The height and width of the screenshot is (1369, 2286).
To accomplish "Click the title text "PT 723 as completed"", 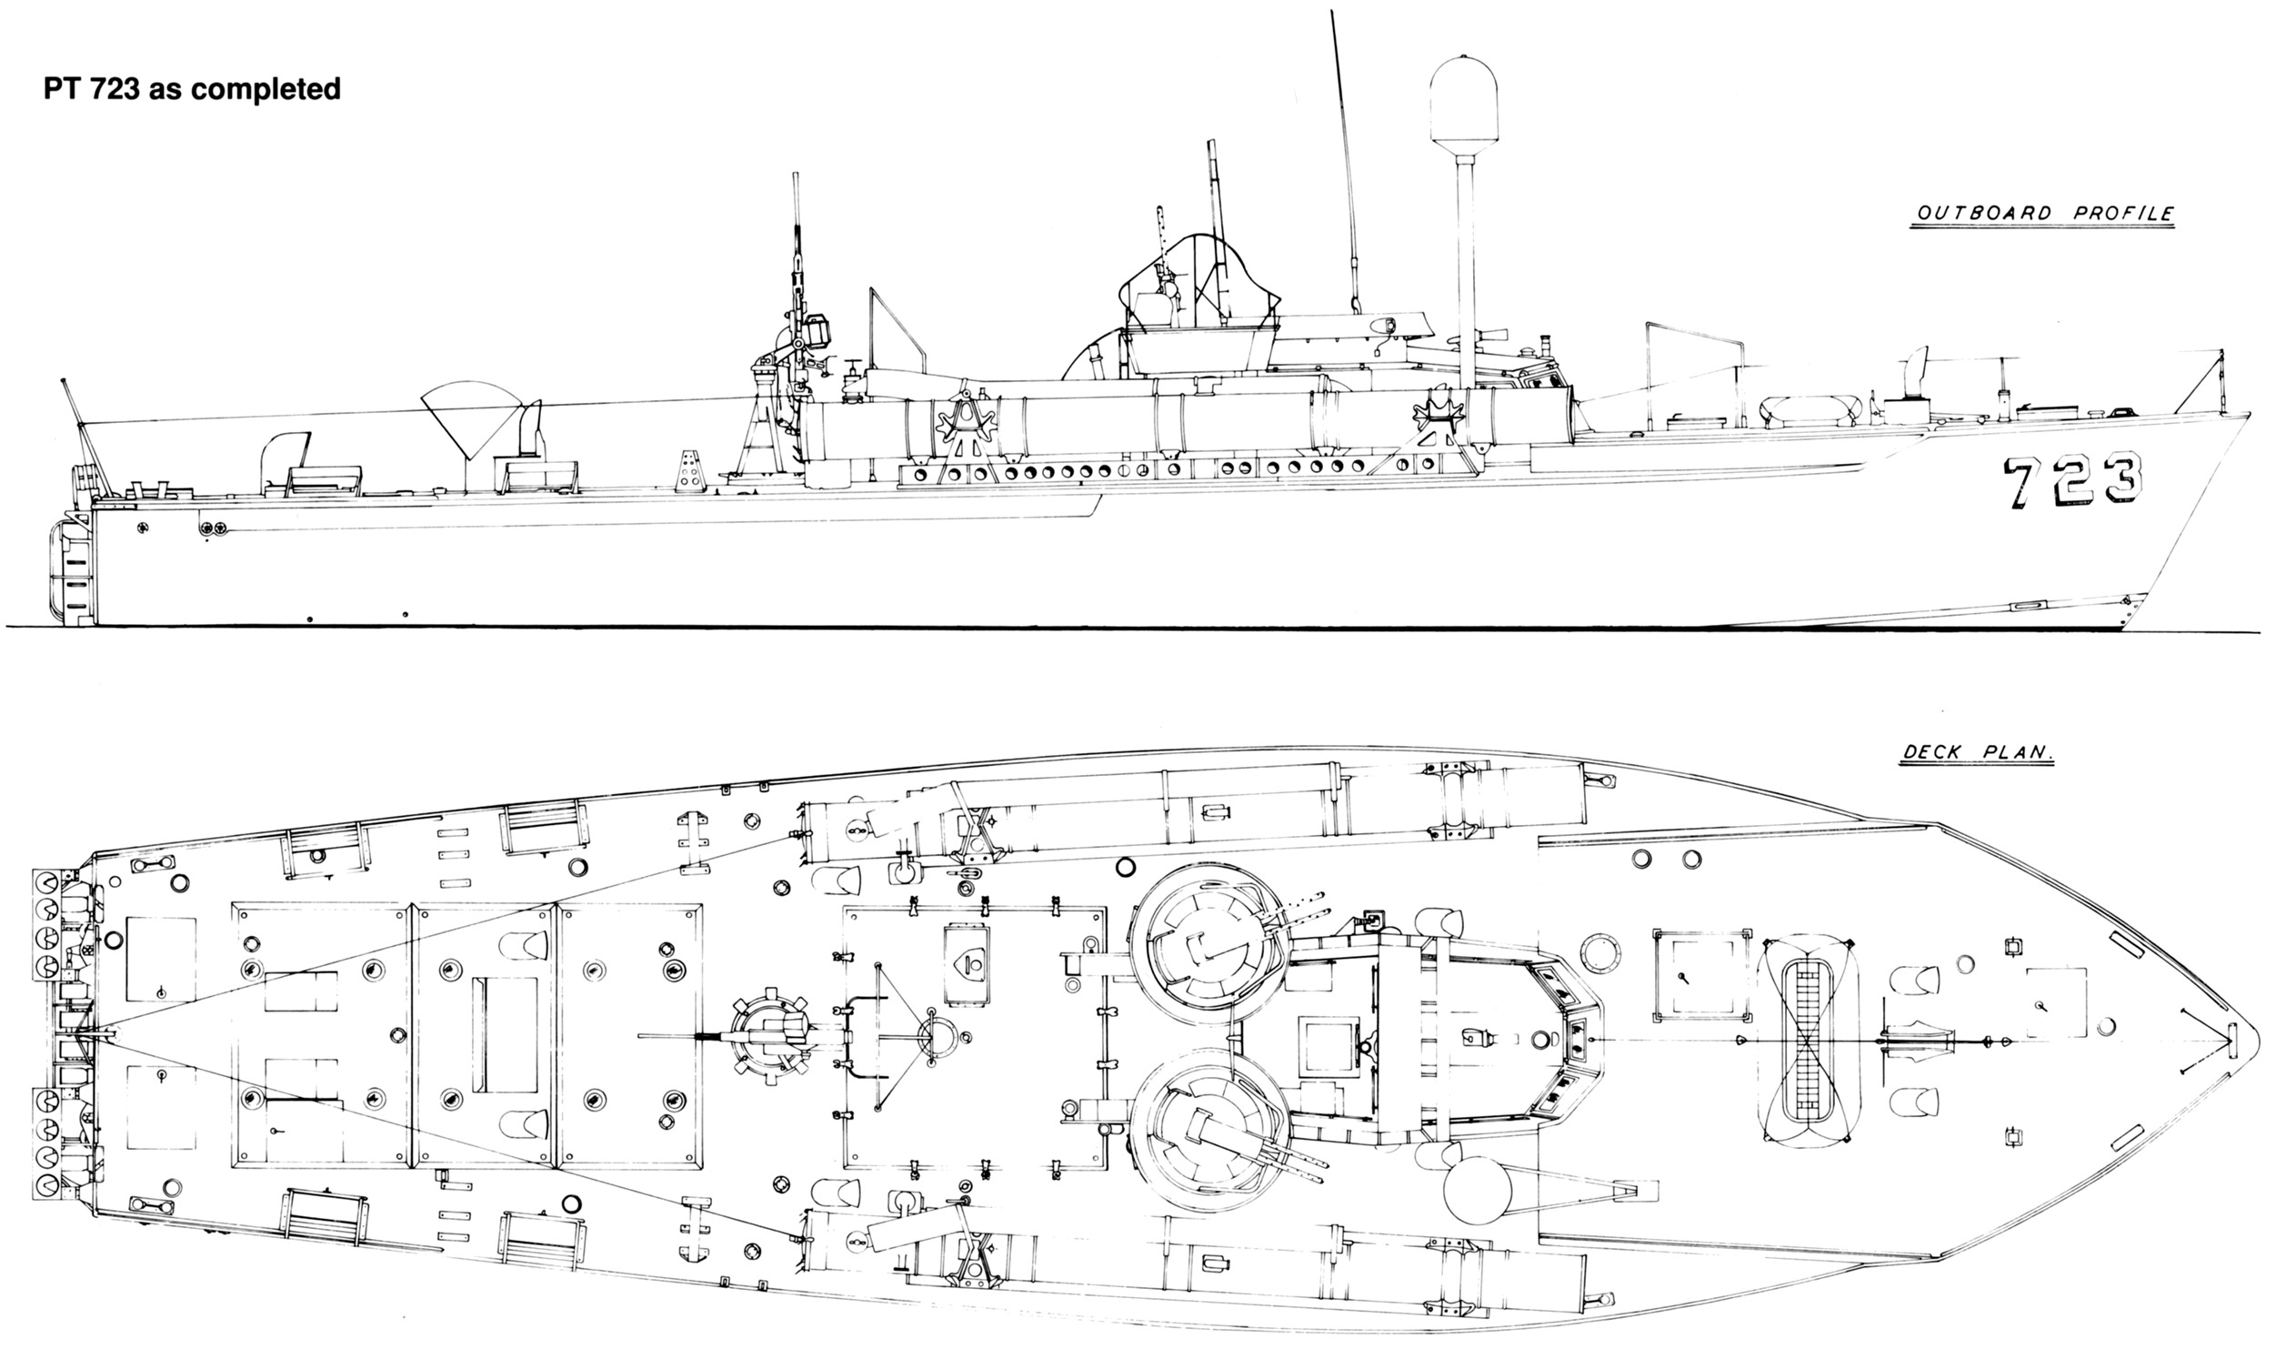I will [192, 88].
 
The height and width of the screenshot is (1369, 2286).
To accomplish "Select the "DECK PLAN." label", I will [1979, 754].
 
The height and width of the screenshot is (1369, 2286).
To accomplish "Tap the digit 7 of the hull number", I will [2023, 481].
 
